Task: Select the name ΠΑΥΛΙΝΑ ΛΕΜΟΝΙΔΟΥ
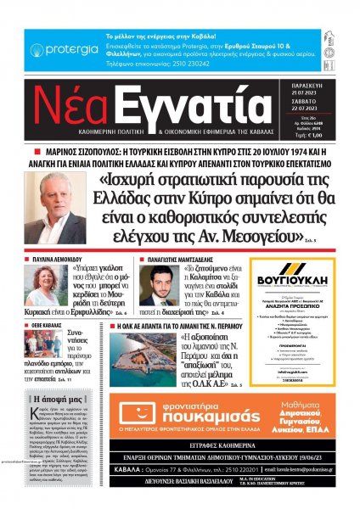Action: pyautogui.click(x=60, y=256)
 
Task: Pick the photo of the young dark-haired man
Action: pyautogui.click(x=158, y=285)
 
